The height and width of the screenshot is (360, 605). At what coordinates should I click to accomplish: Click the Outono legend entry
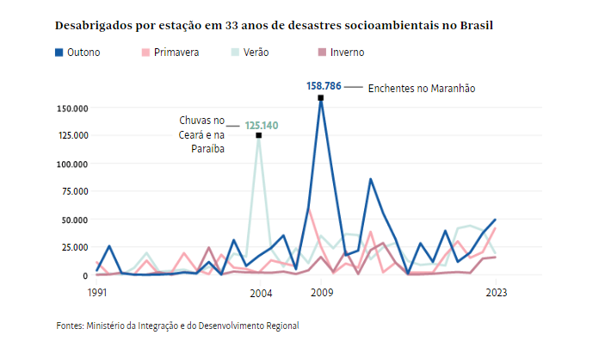tap(78, 53)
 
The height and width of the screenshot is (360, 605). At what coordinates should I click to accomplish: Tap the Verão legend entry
tap(250, 53)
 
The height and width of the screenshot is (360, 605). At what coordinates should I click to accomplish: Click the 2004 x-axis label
tap(259, 294)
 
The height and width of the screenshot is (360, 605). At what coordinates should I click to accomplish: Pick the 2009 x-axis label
tap(321, 294)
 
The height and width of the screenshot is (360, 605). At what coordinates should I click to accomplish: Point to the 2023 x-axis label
tap(497, 294)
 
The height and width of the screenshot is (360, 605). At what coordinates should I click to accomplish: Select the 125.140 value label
tap(262, 125)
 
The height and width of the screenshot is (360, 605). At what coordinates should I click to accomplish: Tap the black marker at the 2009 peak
tap(321, 97)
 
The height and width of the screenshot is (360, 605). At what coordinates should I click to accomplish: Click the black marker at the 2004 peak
tap(259, 136)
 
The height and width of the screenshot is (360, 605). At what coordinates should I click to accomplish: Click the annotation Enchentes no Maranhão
tap(422, 88)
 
